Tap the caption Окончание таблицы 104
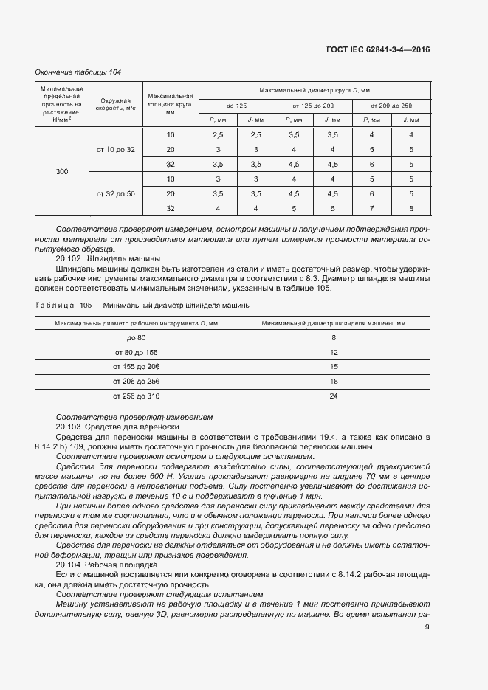point(78,72)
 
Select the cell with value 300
point(62,171)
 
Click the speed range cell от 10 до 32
point(116,150)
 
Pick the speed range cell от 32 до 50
point(116,193)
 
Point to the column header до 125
point(236,105)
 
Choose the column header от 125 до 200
point(313,105)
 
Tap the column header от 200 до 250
point(391,105)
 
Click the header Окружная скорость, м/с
point(116,104)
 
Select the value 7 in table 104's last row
point(371,208)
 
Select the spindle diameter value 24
point(334,396)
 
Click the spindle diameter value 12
point(334,352)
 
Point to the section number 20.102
point(69,259)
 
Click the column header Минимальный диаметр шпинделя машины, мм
point(334,322)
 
